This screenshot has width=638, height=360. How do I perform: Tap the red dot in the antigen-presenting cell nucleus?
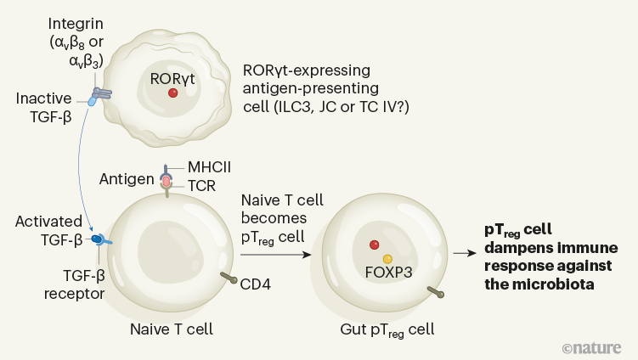pyautogui.click(x=173, y=93)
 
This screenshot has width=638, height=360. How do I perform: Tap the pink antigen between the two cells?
pyautogui.click(x=166, y=180)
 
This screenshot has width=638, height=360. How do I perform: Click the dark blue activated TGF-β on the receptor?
pyautogui.click(x=98, y=240)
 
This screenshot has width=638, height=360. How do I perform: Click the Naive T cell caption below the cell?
pyautogui.click(x=172, y=328)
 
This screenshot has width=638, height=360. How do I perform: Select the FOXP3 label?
pyautogui.click(x=387, y=273)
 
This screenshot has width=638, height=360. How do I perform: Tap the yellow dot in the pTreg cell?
pyautogui.click(x=387, y=258)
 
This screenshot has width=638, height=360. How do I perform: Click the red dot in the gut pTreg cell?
pyautogui.click(x=374, y=245)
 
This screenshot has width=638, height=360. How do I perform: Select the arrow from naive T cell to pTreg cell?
pyautogui.click(x=275, y=253)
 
